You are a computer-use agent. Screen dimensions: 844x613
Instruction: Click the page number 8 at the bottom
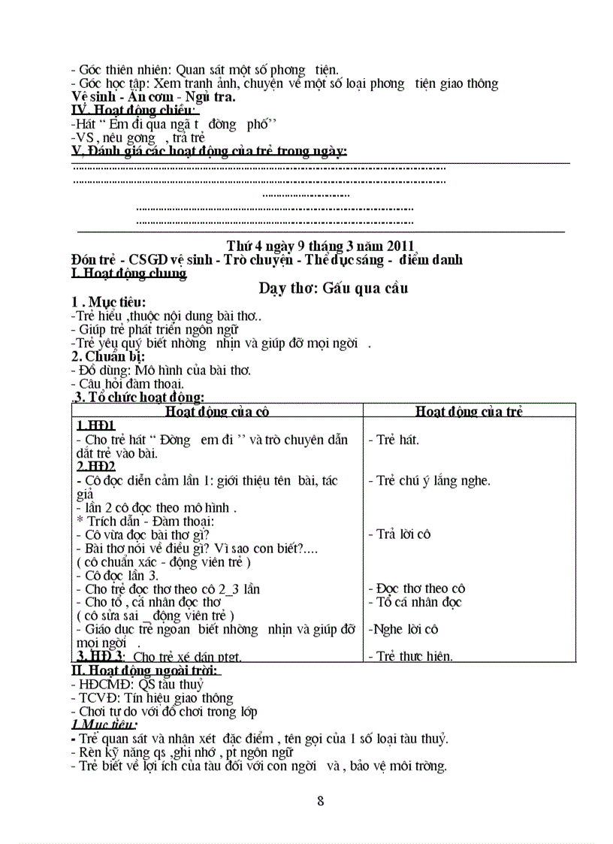pyautogui.click(x=321, y=800)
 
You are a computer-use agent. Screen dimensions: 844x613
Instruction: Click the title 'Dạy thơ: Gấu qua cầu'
pyautogui.click(x=334, y=288)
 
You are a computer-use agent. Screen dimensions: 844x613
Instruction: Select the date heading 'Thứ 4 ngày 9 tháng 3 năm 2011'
pyautogui.click(x=320, y=246)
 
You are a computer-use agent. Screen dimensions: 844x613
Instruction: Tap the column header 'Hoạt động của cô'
pyautogui.click(x=217, y=411)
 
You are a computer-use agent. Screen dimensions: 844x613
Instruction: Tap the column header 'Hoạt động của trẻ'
pyautogui.click(x=470, y=411)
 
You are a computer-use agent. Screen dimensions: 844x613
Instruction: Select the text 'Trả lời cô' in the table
pyautogui.click(x=403, y=534)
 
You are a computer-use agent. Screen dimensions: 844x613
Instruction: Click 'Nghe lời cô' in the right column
pyautogui.click(x=403, y=629)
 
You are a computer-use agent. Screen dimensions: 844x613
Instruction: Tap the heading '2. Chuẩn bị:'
pyautogui.click(x=108, y=356)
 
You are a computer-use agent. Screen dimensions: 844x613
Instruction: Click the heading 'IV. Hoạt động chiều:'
pyautogui.click(x=134, y=111)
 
